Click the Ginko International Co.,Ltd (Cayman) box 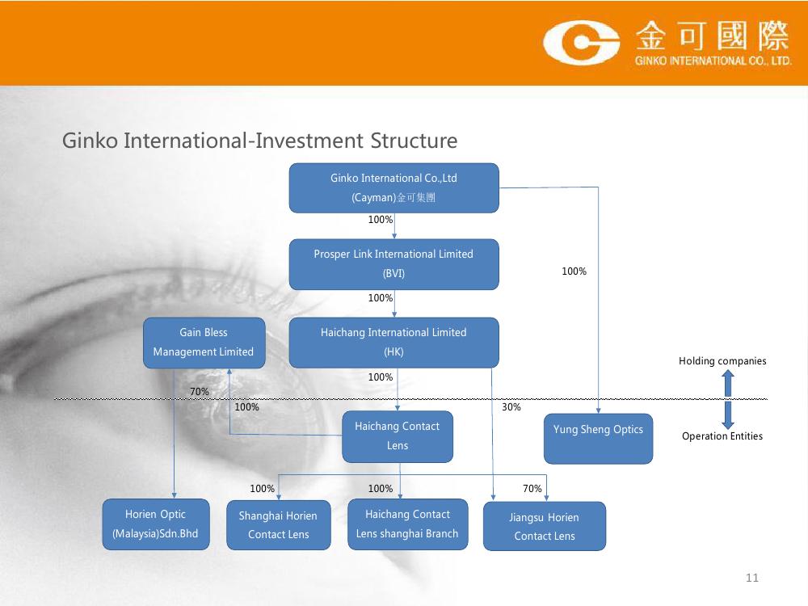click(x=393, y=187)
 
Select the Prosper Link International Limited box click(x=393, y=264)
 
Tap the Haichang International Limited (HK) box click(x=393, y=342)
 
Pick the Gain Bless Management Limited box click(x=204, y=343)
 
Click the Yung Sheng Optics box click(x=598, y=439)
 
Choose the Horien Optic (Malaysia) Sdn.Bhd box click(x=156, y=524)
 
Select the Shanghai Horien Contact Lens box click(x=278, y=525)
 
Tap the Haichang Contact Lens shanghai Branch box click(x=407, y=524)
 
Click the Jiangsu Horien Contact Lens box click(x=544, y=526)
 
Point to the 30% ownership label click(x=511, y=407)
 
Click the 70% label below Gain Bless click(x=200, y=392)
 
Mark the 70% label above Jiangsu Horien click(x=532, y=489)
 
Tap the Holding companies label click(x=722, y=361)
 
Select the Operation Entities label click(x=722, y=436)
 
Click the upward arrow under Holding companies click(x=728, y=384)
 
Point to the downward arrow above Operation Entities click(x=728, y=415)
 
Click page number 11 click(x=752, y=578)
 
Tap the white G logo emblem click(x=581, y=42)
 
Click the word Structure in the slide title click(x=414, y=141)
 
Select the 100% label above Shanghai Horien click(x=263, y=489)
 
